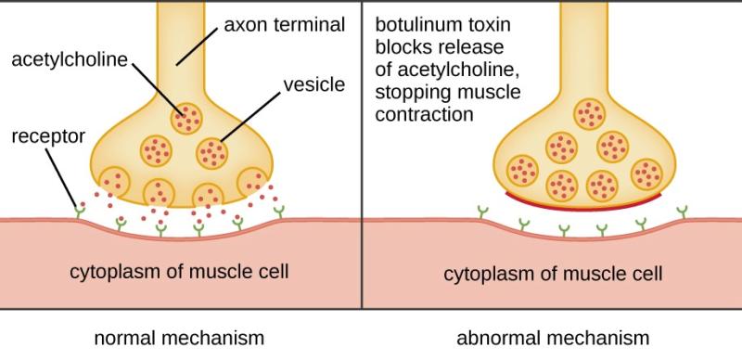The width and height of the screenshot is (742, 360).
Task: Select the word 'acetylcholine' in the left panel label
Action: pyautogui.click(x=69, y=61)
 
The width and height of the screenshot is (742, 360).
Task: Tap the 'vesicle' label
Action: pyautogui.click(x=315, y=85)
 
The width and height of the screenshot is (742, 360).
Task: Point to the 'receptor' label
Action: pyautogui.click(x=47, y=136)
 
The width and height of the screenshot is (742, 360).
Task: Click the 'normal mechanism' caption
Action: pyautogui.click(x=179, y=337)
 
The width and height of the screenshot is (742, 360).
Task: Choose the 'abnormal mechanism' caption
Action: pyautogui.click(x=553, y=337)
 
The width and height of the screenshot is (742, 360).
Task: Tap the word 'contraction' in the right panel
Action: pyautogui.click(x=425, y=114)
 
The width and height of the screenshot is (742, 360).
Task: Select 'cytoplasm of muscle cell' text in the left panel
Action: pyautogui.click(x=179, y=272)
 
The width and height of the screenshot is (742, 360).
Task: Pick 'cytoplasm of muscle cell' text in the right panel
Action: pyautogui.click(x=553, y=274)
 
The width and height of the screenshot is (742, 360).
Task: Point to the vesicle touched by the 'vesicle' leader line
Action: pyautogui.click(x=212, y=150)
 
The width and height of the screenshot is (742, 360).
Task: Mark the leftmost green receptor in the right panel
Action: pyautogui.click(x=482, y=213)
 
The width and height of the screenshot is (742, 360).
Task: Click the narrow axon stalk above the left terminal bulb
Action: pyautogui.click(x=179, y=56)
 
